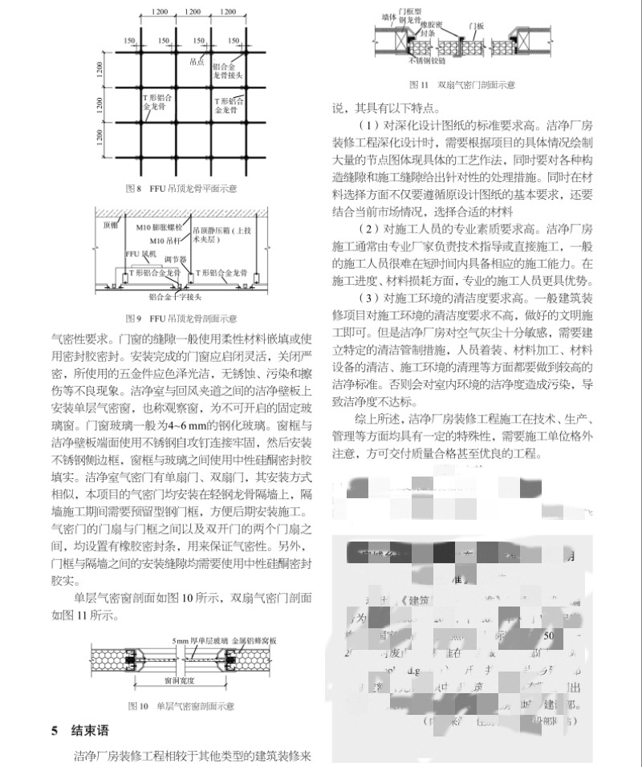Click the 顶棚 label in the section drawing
109,227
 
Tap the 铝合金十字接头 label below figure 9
171,296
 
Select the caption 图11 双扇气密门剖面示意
462,83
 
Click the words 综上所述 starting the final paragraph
381,419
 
